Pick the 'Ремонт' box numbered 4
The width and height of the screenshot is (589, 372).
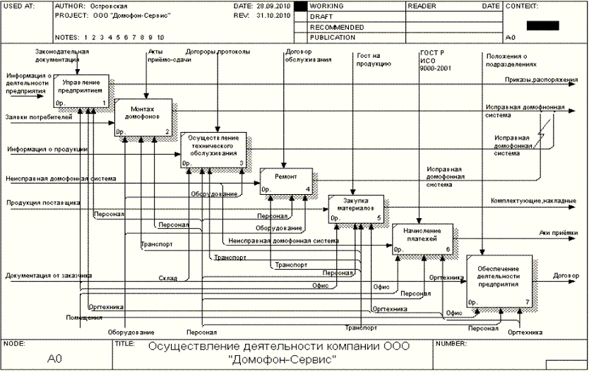click(285, 181)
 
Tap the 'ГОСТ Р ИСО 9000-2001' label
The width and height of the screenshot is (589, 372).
click(433, 60)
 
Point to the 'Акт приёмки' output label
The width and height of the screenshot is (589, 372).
click(559, 232)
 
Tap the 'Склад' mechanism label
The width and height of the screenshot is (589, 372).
click(167, 277)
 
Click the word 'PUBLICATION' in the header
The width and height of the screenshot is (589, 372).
click(333, 37)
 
